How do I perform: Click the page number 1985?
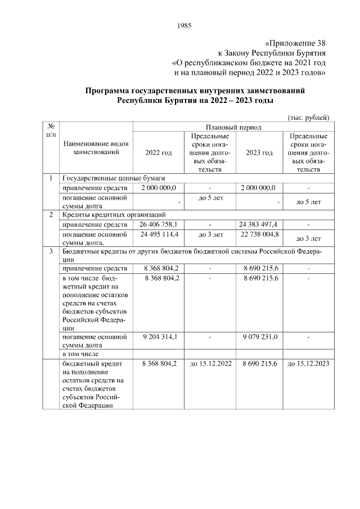pyautogui.click(x=184, y=25)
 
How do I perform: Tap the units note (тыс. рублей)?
pyautogui.click(x=308, y=117)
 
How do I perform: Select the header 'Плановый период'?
pyautogui.click(x=233, y=127)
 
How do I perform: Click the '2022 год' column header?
pyautogui.click(x=158, y=152)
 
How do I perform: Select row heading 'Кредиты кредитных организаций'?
pyautogui.click(x=113, y=215)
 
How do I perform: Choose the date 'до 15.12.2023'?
pyautogui.click(x=308, y=364)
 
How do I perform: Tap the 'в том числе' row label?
pyautogui.click(x=80, y=354)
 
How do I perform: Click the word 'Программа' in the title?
pyautogui.click(x=107, y=90)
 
